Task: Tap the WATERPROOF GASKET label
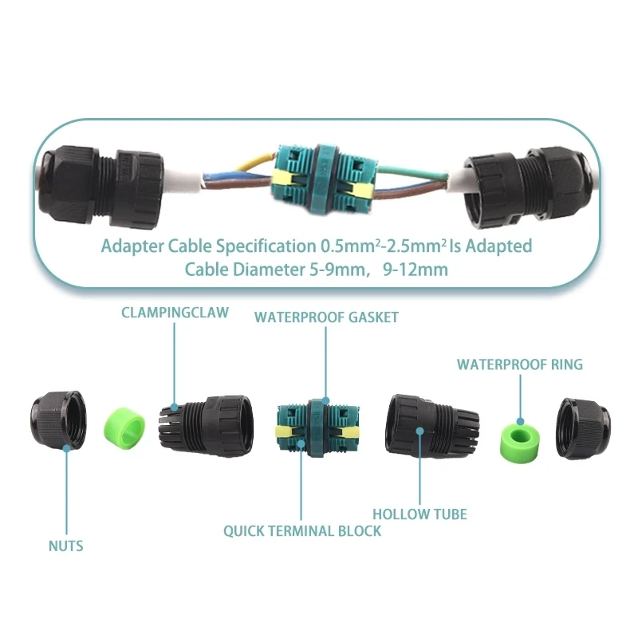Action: point(326,317)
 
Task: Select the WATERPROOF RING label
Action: point(520,364)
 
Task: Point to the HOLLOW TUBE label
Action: point(419,514)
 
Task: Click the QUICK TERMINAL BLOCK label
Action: point(302,530)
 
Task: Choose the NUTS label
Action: point(65,546)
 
